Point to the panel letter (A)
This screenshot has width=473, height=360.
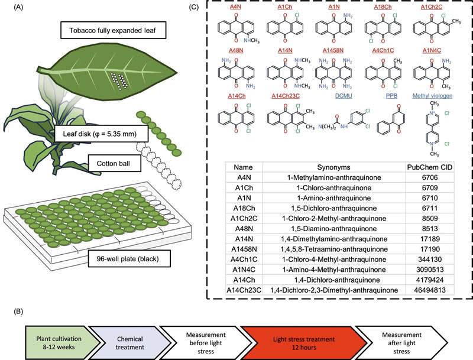tap(9, 7)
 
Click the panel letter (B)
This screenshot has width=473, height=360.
tap(9, 309)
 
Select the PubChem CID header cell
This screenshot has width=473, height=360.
tap(429, 167)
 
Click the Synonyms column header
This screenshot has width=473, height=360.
tap(333, 167)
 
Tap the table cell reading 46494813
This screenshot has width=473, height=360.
tap(429, 290)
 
